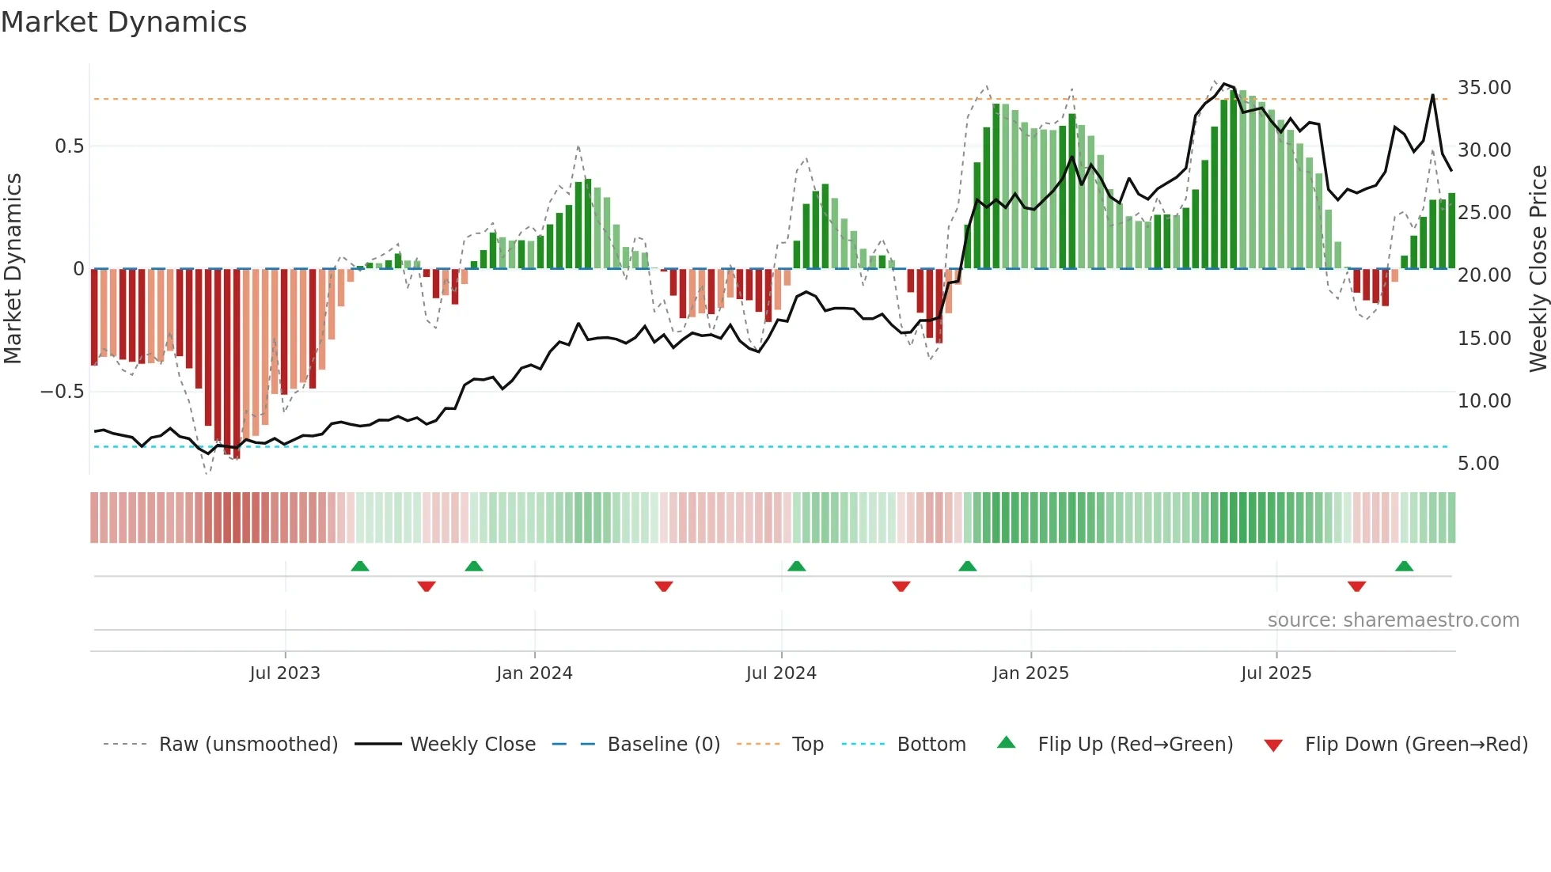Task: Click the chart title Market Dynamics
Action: tap(123, 22)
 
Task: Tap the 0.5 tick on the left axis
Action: tap(69, 146)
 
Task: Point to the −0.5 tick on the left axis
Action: tap(62, 392)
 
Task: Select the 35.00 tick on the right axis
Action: tap(1484, 88)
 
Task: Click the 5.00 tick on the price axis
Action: tap(1477, 464)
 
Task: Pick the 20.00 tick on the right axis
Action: tap(1484, 275)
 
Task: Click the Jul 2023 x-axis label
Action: tap(285, 673)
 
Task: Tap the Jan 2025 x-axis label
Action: tap(1030, 673)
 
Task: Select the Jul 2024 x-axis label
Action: tap(781, 673)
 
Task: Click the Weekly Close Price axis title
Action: tap(1538, 269)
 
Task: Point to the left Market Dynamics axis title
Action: tap(13, 269)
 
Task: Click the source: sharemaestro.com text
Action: tap(1393, 620)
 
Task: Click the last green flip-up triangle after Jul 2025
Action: tap(1404, 567)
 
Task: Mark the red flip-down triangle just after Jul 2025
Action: tap(1356, 586)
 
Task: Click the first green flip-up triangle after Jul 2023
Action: tap(360, 567)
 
